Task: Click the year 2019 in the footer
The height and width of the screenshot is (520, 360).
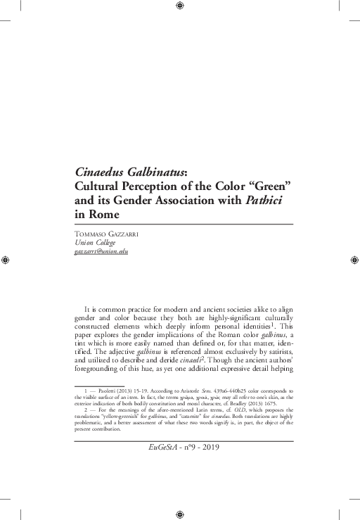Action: pyautogui.click(x=213, y=445)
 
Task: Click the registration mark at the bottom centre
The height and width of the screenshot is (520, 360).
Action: pyautogui.click(x=180, y=514)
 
